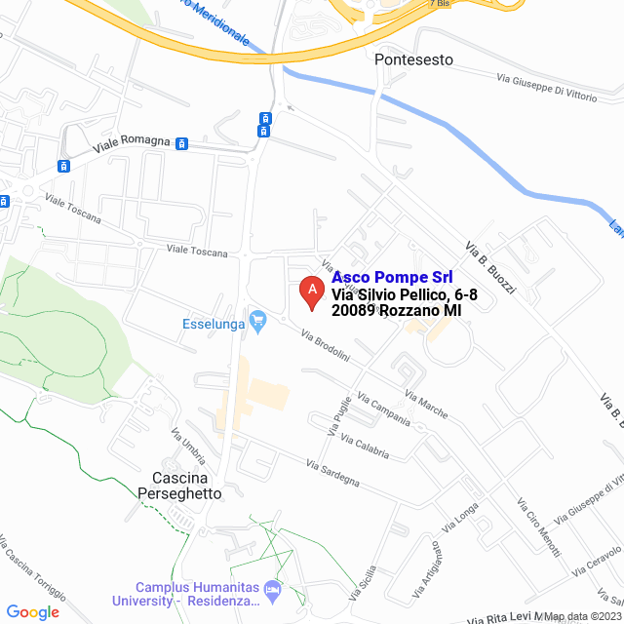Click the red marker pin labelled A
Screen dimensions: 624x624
pos(311,292)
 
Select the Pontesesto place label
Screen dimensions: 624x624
pos(413,59)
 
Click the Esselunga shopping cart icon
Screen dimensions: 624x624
pos(258,320)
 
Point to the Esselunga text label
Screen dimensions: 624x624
pos(214,324)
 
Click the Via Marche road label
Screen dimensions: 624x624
pos(426,406)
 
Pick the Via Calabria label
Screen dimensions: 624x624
pos(365,444)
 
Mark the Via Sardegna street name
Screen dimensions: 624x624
pos(332,474)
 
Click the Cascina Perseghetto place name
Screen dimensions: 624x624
pos(186,487)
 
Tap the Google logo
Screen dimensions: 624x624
pos(32,611)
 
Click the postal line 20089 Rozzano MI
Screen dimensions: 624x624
pos(396,310)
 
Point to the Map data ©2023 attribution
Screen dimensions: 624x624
pos(581,616)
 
